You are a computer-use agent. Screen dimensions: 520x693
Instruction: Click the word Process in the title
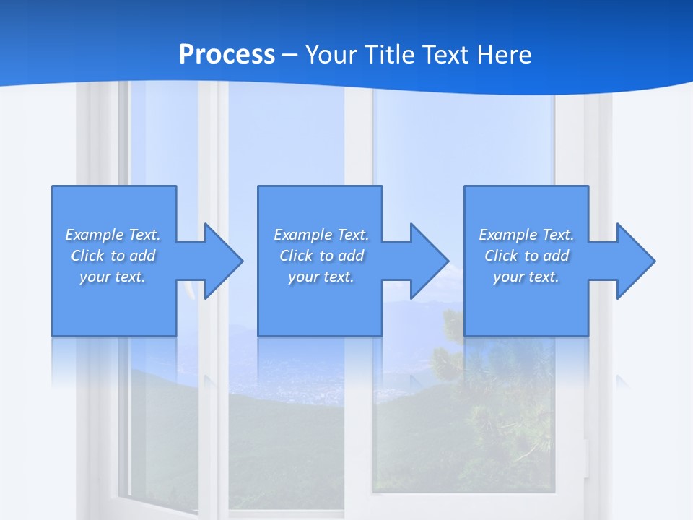[227, 54]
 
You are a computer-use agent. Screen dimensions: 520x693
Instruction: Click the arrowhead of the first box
[220, 261]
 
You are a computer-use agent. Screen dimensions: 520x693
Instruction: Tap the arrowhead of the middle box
[427, 261]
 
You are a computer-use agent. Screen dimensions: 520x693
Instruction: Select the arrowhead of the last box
[633, 261]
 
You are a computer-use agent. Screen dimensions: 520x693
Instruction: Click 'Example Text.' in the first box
[113, 235]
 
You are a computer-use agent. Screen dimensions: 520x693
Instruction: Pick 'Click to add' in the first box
[113, 256]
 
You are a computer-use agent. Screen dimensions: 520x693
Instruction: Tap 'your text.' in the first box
[113, 277]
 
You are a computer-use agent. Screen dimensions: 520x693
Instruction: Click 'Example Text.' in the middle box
[321, 235]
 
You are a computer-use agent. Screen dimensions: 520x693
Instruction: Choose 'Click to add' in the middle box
[321, 256]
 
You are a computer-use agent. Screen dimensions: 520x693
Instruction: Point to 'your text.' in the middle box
[321, 277]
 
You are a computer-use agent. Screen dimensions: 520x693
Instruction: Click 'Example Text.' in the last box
[526, 235]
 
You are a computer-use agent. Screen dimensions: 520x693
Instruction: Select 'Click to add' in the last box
[526, 256]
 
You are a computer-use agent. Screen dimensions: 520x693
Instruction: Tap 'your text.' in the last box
[526, 277]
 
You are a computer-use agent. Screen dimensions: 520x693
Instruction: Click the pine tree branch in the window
[505, 390]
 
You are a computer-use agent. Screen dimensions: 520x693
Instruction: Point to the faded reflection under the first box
[113, 361]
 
